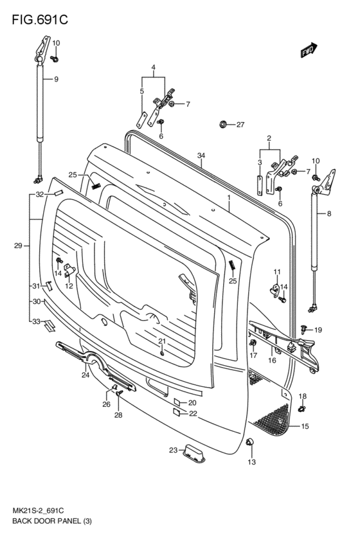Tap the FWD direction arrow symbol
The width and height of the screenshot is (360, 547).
[309, 51]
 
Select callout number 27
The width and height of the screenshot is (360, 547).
[240, 125]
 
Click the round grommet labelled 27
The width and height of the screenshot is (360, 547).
[223, 124]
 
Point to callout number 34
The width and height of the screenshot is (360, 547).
[201, 156]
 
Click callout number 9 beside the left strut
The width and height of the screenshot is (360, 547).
[56, 79]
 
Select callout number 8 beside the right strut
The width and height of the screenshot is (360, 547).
[330, 213]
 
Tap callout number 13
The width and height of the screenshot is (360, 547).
[252, 462]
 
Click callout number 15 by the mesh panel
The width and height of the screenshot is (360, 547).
[305, 426]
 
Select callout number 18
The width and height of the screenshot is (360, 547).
[302, 396]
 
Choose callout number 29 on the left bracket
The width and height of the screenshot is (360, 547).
[19, 246]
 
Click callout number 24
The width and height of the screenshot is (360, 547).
[85, 375]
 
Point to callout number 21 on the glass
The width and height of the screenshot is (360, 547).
[162, 341]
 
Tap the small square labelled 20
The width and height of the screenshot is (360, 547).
[175, 402]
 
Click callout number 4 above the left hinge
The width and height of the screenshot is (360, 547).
[154, 67]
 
